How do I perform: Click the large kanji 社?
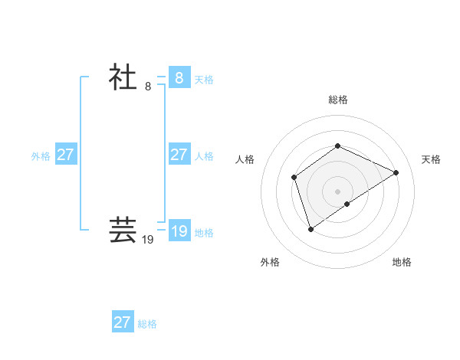click(123, 77)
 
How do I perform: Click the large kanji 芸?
click(123, 230)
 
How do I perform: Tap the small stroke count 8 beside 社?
click(148, 87)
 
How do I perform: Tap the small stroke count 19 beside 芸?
click(148, 240)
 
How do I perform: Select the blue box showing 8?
click(179, 77)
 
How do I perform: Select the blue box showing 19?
click(179, 231)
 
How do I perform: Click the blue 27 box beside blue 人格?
click(179, 155)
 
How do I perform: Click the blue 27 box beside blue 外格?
click(65, 155)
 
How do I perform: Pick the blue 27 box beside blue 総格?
click(122, 322)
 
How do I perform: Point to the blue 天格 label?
click(204, 80)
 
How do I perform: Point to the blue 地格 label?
click(204, 233)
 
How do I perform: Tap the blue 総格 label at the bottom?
click(147, 324)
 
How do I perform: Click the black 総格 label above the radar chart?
click(337, 100)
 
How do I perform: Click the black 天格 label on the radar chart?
click(431, 159)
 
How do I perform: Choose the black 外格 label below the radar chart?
click(270, 262)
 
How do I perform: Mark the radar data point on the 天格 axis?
click(396, 172)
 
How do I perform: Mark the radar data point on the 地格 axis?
click(347, 204)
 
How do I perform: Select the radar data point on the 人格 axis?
click(294, 178)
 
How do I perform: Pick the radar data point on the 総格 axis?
click(337, 146)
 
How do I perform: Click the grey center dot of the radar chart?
click(337, 191)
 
